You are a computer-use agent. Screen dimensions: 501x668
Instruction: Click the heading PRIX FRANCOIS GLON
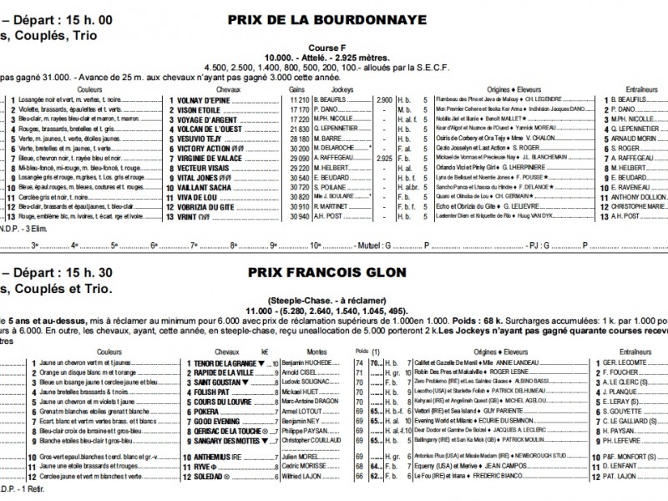326,273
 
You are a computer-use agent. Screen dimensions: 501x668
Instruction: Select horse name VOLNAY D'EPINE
204,99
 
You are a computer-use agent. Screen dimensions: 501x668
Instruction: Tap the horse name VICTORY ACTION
205,147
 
